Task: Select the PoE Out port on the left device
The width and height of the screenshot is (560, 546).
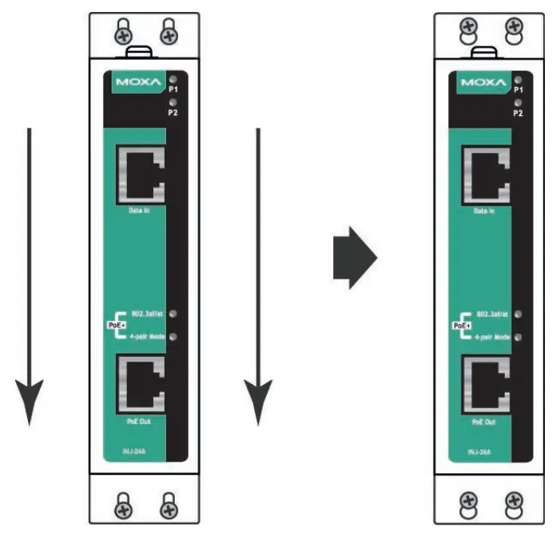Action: (x=140, y=386)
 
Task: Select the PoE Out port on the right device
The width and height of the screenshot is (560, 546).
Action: (x=485, y=387)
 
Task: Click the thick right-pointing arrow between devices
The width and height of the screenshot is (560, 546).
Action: (x=354, y=258)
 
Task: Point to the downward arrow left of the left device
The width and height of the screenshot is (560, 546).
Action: (x=30, y=275)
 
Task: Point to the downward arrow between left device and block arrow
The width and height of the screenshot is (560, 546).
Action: (x=258, y=275)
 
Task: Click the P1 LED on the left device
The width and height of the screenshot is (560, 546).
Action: (x=173, y=79)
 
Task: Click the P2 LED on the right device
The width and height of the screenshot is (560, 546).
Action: (x=518, y=103)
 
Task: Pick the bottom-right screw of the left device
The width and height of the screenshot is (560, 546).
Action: (x=168, y=504)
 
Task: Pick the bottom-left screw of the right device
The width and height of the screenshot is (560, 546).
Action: (x=470, y=502)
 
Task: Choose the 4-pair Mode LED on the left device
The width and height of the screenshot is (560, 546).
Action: (x=173, y=337)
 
